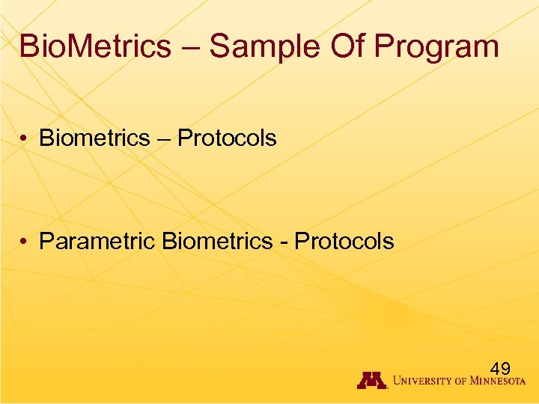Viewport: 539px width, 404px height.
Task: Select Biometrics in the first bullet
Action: pyautogui.click(x=94, y=138)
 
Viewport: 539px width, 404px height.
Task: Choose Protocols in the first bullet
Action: pyautogui.click(x=227, y=138)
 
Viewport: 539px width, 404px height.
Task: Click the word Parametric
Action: pyautogui.click(x=97, y=241)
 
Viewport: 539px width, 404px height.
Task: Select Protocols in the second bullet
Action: pyautogui.click(x=344, y=241)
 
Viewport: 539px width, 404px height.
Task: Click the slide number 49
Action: pyautogui.click(x=500, y=368)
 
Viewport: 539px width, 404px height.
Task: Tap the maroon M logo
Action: pyautogui.click(x=371, y=380)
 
